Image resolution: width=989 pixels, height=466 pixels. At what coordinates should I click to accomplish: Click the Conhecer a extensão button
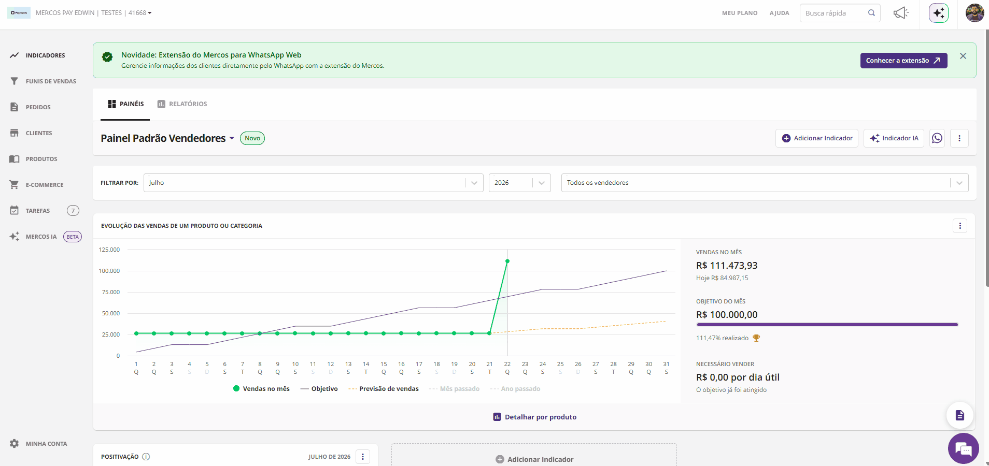point(903,61)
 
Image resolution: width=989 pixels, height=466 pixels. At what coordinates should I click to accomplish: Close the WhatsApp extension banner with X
point(963,56)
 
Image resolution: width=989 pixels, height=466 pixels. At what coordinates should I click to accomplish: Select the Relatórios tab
point(182,104)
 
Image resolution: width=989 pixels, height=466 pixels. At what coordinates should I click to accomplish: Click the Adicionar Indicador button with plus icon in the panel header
point(817,138)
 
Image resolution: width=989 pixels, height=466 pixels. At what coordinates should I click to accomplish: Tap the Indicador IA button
point(894,138)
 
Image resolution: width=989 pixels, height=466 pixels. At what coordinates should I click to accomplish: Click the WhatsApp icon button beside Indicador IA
point(937,138)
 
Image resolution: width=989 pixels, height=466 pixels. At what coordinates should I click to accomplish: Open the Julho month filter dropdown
point(313,183)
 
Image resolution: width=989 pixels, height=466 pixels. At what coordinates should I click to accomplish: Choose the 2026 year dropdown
point(519,183)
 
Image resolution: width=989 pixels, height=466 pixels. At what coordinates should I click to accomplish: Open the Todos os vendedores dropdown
point(765,183)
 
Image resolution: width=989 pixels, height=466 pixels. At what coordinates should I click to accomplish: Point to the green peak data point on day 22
point(507,261)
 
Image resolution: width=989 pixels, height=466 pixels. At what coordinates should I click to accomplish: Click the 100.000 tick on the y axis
point(109,271)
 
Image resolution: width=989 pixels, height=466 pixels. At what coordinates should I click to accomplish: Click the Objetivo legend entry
point(319,389)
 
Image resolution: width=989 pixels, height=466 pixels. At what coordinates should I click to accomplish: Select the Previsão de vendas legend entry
point(384,389)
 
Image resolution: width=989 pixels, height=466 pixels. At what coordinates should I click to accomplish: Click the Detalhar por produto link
point(534,417)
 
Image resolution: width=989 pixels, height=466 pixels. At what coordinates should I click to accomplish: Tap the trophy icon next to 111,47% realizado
point(756,338)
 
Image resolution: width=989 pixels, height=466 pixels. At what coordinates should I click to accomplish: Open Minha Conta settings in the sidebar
point(38,444)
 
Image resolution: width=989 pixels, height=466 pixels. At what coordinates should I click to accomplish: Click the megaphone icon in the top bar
point(901,13)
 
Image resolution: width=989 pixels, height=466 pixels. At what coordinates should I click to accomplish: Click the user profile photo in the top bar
point(975,13)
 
